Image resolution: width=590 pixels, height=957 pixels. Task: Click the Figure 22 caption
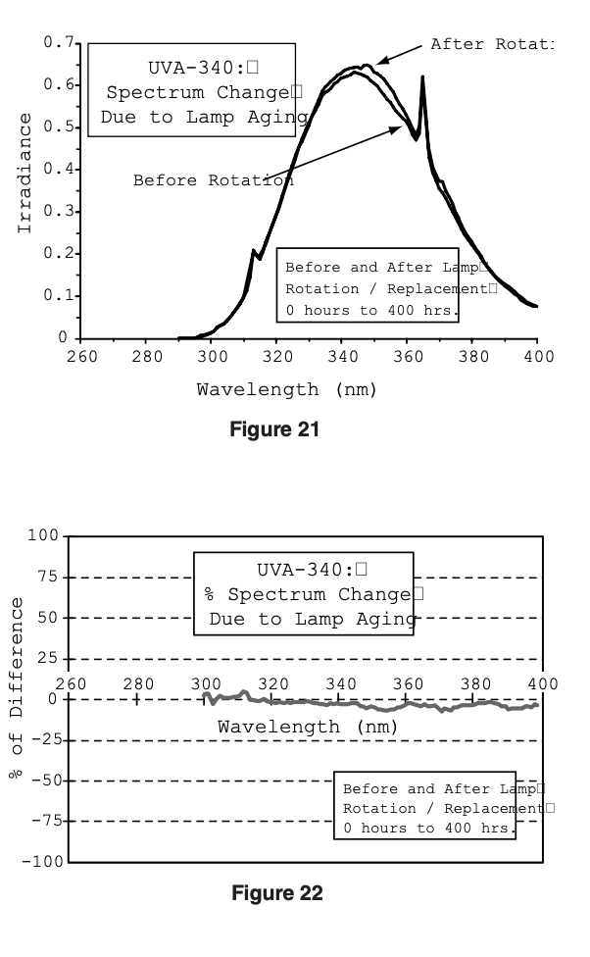(x=276, y=892)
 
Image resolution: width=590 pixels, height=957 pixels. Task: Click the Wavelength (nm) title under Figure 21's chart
(x=286, y=389)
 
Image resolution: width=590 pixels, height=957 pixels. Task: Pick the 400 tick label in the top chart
(x=537, y=356)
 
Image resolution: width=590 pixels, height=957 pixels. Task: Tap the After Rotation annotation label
(x=491, y=44)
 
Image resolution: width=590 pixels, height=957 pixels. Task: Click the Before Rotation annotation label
(x=213, y=180)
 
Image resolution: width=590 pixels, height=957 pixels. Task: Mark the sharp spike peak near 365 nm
(x=422, y=77)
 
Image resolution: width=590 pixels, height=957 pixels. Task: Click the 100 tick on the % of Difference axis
(x=44, y=535)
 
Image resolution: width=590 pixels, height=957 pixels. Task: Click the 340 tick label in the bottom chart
(x=340, y=683)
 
